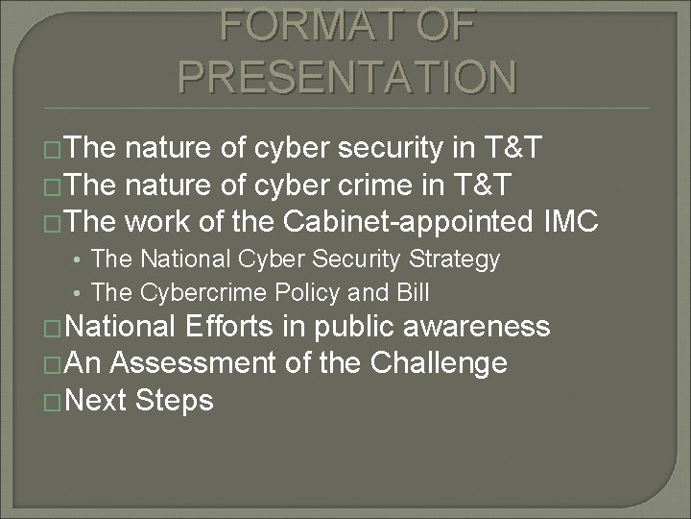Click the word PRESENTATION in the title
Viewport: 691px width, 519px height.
point(345,77)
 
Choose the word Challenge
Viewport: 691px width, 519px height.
point(437,363)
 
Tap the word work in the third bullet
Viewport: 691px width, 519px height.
point(169,224)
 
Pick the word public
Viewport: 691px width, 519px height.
point(342,328)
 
